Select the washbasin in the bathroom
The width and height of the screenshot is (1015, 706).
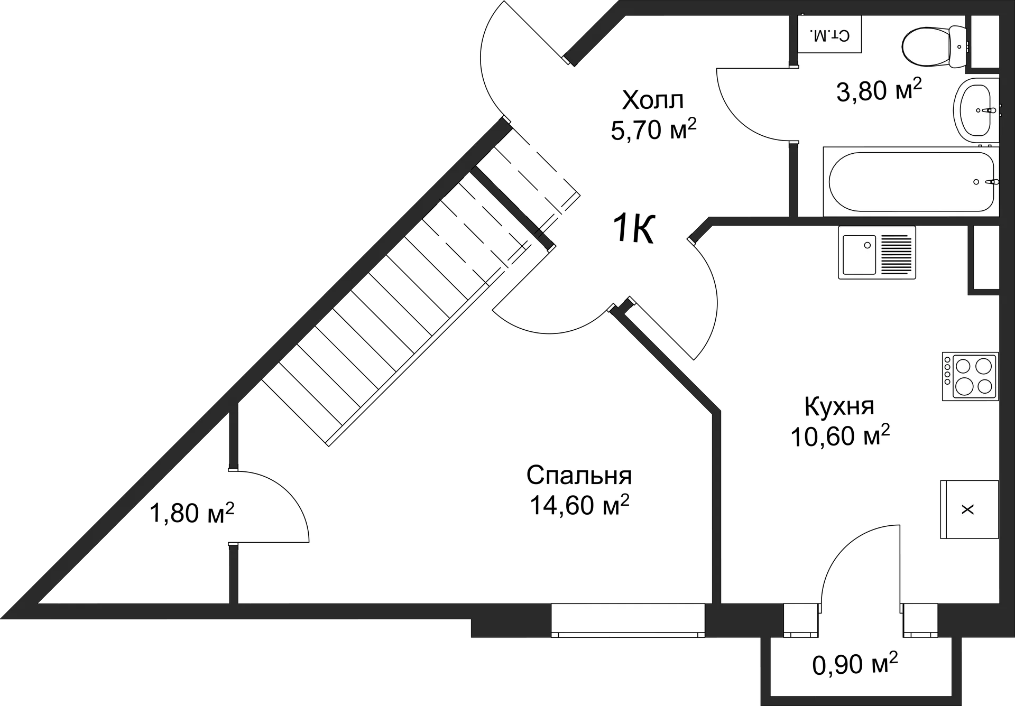976,110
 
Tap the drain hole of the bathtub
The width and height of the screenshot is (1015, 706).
976,182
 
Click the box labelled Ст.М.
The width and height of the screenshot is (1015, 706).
829,35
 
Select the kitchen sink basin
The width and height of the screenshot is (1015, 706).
859,255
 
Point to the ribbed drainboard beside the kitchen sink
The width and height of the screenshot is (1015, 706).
897,255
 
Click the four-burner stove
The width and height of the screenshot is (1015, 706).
970,376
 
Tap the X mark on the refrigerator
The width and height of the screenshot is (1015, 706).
967,509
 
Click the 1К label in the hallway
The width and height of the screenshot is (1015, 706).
635,228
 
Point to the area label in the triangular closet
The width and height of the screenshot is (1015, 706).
193,512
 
